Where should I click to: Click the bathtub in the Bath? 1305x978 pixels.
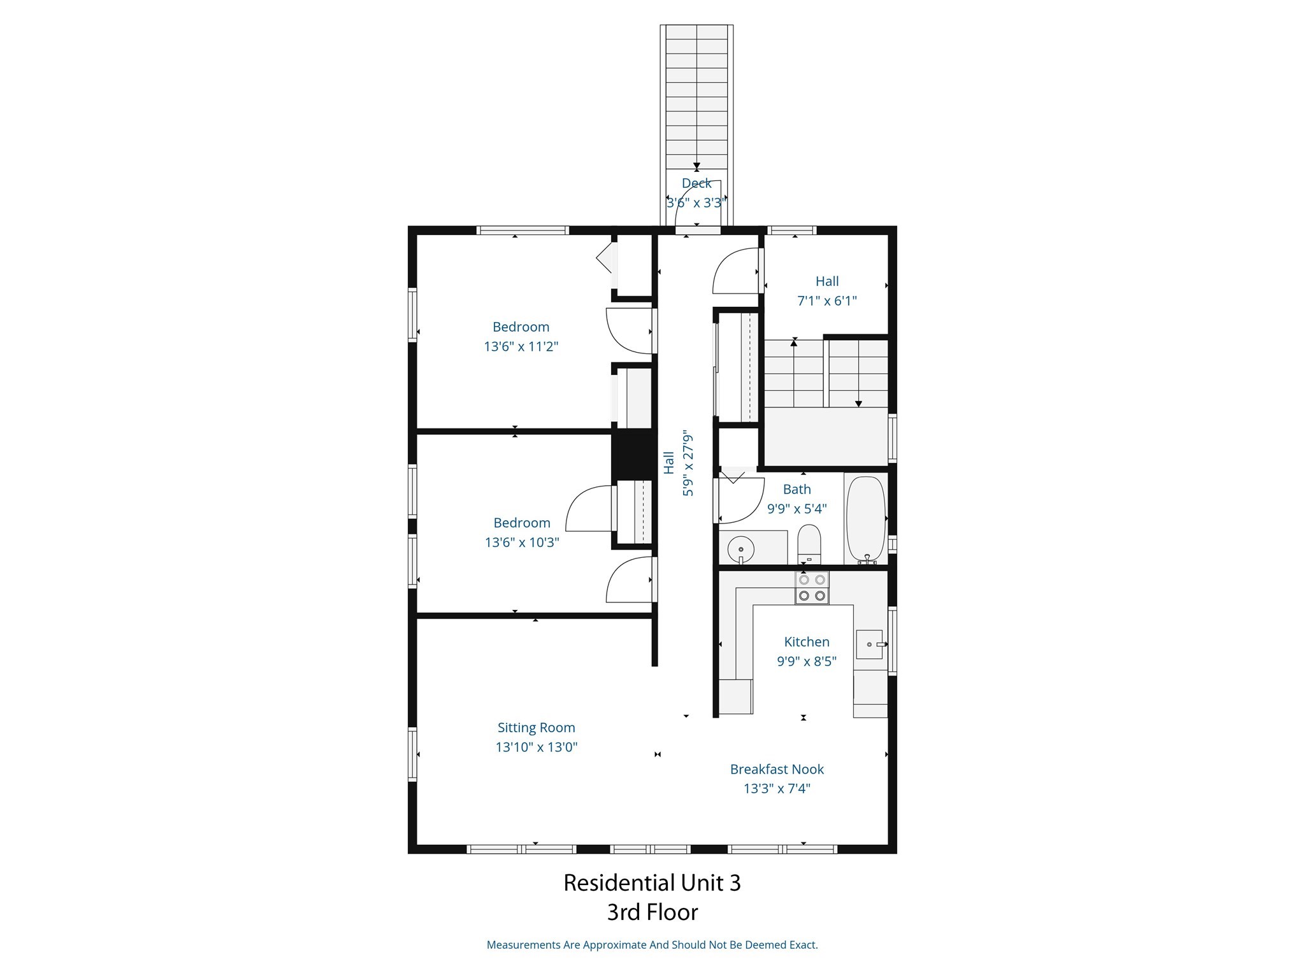coord(865,519)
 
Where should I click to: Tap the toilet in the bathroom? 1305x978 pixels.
coord(809,544)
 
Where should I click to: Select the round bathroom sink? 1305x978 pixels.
coord(741,548)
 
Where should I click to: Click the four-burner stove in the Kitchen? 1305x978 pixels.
coord(812,588)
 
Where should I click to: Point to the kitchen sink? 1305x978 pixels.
coord(869,644)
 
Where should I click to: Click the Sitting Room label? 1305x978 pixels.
coord(536,727)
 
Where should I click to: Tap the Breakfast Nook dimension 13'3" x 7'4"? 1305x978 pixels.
coord(777,788)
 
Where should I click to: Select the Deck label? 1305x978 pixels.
coord(696,183)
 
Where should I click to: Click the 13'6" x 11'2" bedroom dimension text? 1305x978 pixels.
coord(521,346)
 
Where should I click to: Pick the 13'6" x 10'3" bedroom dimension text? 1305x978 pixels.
coord(521,542)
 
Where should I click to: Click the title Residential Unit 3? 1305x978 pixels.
coord(652,882)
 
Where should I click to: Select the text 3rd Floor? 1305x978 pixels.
coord(652,912)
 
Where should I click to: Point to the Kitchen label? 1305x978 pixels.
coord(806,642)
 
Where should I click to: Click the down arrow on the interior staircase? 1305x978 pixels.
coord(858,404)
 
